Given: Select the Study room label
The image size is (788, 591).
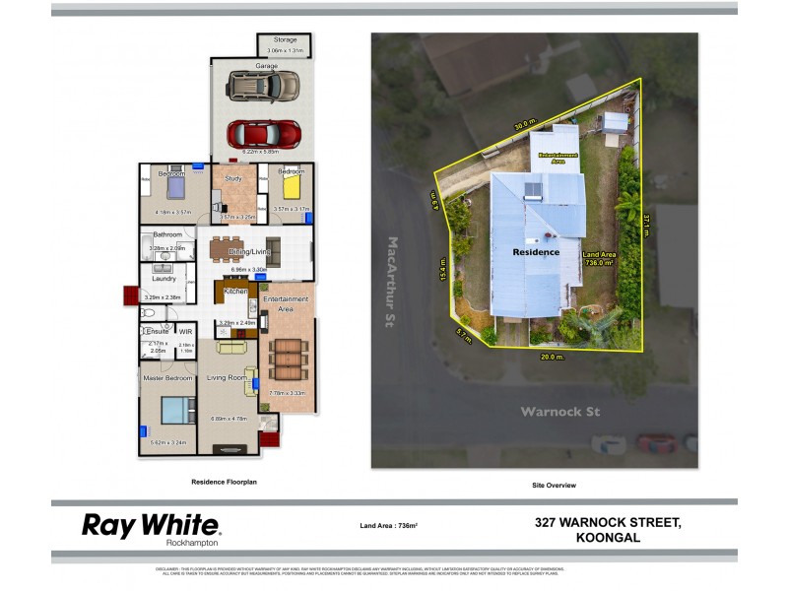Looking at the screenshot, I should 233,179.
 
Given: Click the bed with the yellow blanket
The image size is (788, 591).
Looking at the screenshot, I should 293,185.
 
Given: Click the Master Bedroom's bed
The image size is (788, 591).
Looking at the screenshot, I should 178,408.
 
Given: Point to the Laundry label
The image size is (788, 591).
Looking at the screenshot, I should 164,279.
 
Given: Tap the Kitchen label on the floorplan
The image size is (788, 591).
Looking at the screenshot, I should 234,293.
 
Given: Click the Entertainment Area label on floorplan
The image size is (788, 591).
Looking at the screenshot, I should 287,303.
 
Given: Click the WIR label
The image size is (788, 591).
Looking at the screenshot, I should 185,331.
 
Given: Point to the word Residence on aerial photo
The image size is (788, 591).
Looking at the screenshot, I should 536,252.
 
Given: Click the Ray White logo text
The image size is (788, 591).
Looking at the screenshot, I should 151,525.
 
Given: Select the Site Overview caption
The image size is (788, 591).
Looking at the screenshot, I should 554,485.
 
